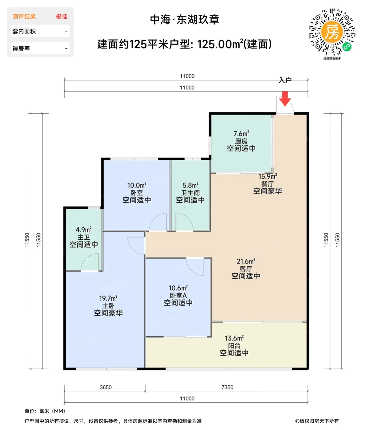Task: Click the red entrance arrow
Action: tap(285, 99)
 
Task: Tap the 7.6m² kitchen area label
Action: tap(241, 134)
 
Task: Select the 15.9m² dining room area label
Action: tap(267, 176)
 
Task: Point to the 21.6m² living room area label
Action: tap(246, 261)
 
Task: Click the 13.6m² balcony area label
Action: tap(234, 338)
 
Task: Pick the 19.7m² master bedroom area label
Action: tap(108, 298)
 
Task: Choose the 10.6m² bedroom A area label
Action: tap(178, 288)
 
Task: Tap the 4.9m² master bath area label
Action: tap(84, 230)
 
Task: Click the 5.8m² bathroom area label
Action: tap(190, 185)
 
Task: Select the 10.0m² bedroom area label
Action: tap(137, 185)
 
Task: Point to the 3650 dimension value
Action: tap(105, 387)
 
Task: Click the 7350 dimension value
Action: tap(227, 387)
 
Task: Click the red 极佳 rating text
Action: tap(62, 17)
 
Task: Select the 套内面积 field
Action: tap(41, 31)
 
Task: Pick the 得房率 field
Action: tap(41, 48)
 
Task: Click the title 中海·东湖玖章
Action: tap(185, 20)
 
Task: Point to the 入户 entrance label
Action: tap(285, 80)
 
